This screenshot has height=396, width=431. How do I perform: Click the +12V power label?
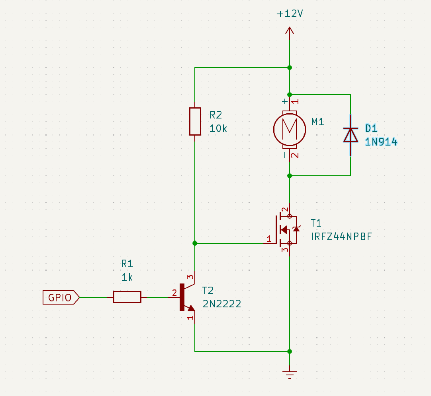290,14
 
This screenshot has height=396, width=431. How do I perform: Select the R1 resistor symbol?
127,297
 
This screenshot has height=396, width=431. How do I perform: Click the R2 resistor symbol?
195,121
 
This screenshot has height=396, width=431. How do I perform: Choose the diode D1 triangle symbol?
351,135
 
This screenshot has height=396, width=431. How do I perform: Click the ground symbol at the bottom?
290,373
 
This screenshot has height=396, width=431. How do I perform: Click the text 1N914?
381,142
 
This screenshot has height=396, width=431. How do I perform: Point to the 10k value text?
218,128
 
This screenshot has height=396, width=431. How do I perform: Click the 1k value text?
127,277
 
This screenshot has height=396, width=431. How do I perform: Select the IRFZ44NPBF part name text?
341,237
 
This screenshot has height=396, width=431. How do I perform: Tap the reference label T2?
208,290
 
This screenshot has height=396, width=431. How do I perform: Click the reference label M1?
317,122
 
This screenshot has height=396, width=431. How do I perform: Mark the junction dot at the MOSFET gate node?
195,243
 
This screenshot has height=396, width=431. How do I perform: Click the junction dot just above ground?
290,351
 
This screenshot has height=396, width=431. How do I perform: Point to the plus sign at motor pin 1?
284,101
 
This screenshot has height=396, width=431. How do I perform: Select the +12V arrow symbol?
290,31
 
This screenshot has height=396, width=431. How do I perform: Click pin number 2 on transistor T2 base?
174,293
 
